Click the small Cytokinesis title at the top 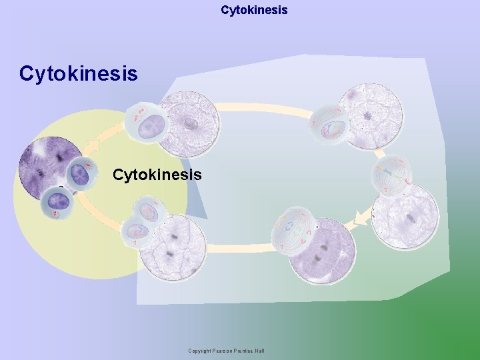coord(254,10)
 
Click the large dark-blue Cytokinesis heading coord(79,73)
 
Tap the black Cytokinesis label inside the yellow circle coord(157,175)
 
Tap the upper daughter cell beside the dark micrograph coord(81,175)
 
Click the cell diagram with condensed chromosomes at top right coord(329,123)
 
